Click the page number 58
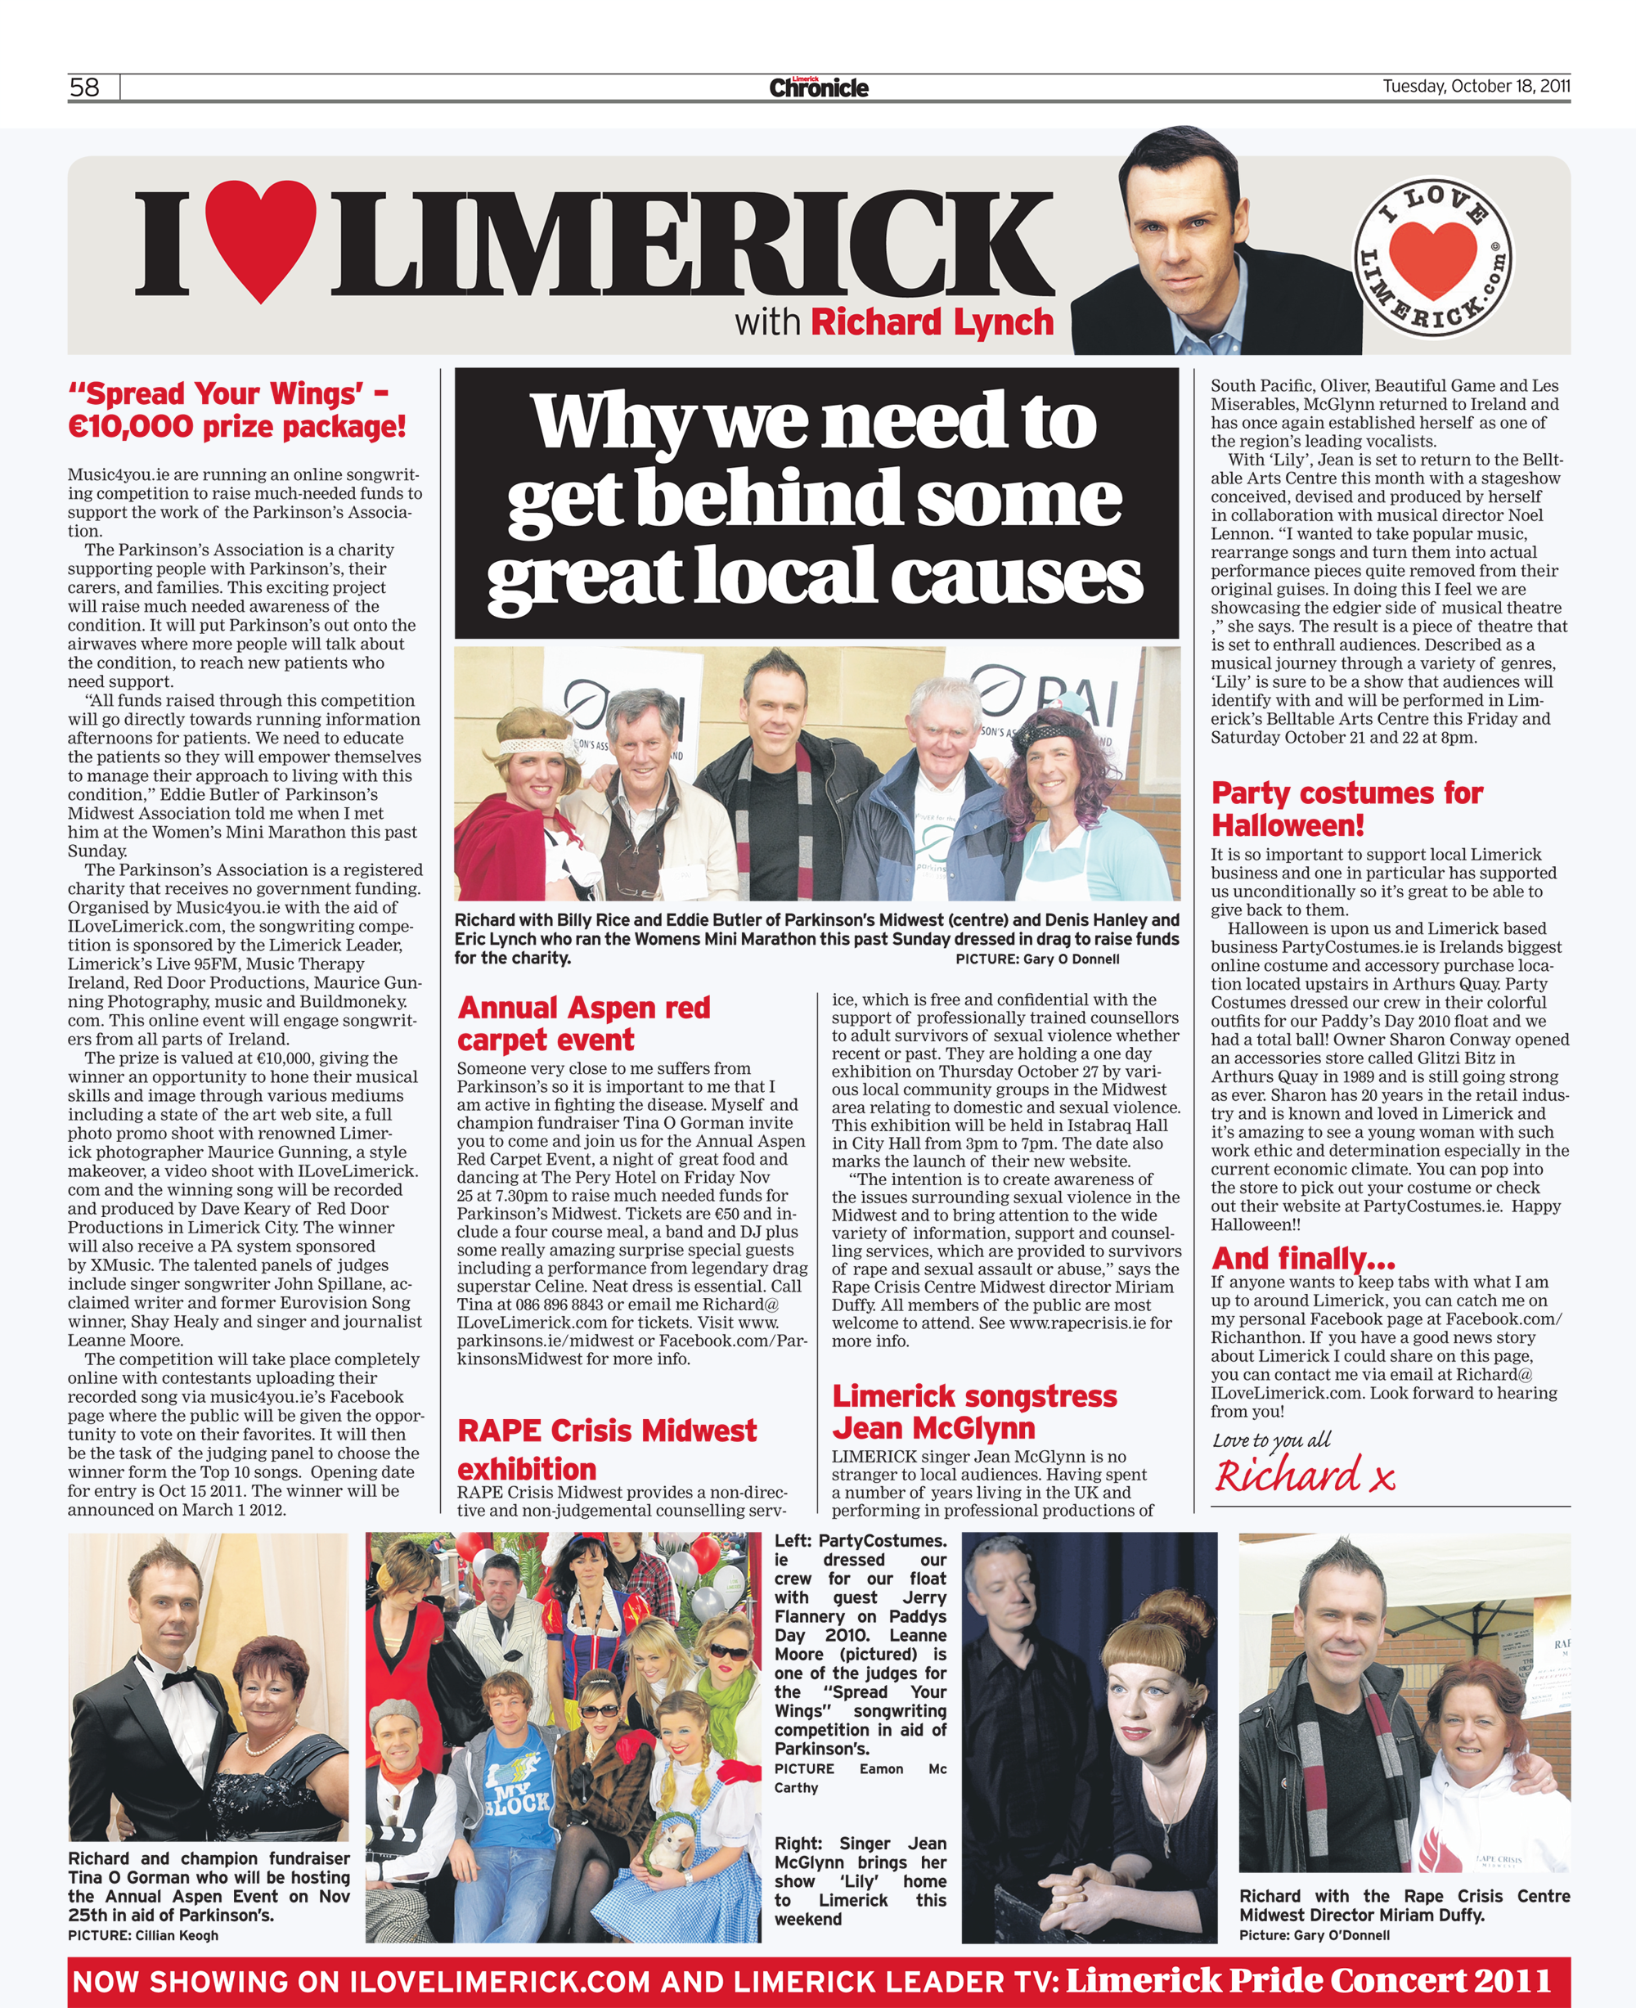pyautogui.click(x=84, y=88)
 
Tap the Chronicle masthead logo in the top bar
pyautogui.click(x=818, y=88)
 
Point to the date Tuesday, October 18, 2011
pyautogui.click(x=1475, y=87)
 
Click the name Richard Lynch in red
pyautogui.click(x=931, y=322)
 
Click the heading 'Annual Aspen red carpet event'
pyautogui.click(x=583, y=1023)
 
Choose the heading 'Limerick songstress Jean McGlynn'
pyautogui.click(x=973, y=1412)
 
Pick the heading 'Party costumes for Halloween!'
pyautogui.click(x=1346, y=808)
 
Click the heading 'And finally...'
pyautogui.click(x=1302, y=1258)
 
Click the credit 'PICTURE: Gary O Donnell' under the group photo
pyautogui.click(x=1036, y=959)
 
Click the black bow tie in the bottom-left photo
pyautogui.click(x=178, y=1680)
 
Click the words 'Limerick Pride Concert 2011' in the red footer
pyautogui.click(x=1308, y=1981)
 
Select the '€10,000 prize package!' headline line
pyautogui.click(x=236, y=426)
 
